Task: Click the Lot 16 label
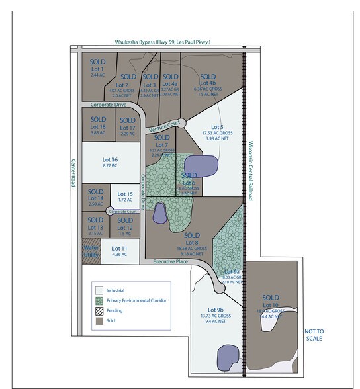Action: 110,160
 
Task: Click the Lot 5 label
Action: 216,126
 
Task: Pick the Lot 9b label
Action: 216,309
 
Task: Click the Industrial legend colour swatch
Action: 99,290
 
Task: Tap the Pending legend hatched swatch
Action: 99,310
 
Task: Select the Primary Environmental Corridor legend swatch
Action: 99,300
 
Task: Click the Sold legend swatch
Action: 99,320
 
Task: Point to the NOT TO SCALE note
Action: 314,334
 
